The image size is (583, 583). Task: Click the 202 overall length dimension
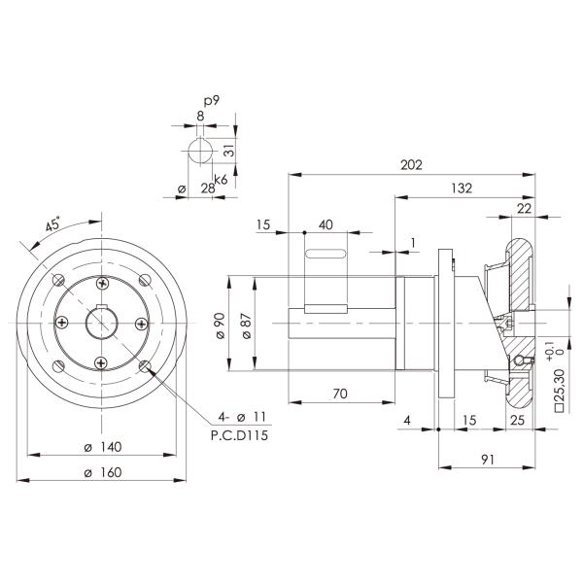411,165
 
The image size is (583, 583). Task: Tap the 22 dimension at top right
524,208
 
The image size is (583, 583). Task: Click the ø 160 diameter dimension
102,472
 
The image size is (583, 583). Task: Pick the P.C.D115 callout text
238,436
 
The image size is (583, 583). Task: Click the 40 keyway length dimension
326,224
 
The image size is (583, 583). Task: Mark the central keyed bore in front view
102,323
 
